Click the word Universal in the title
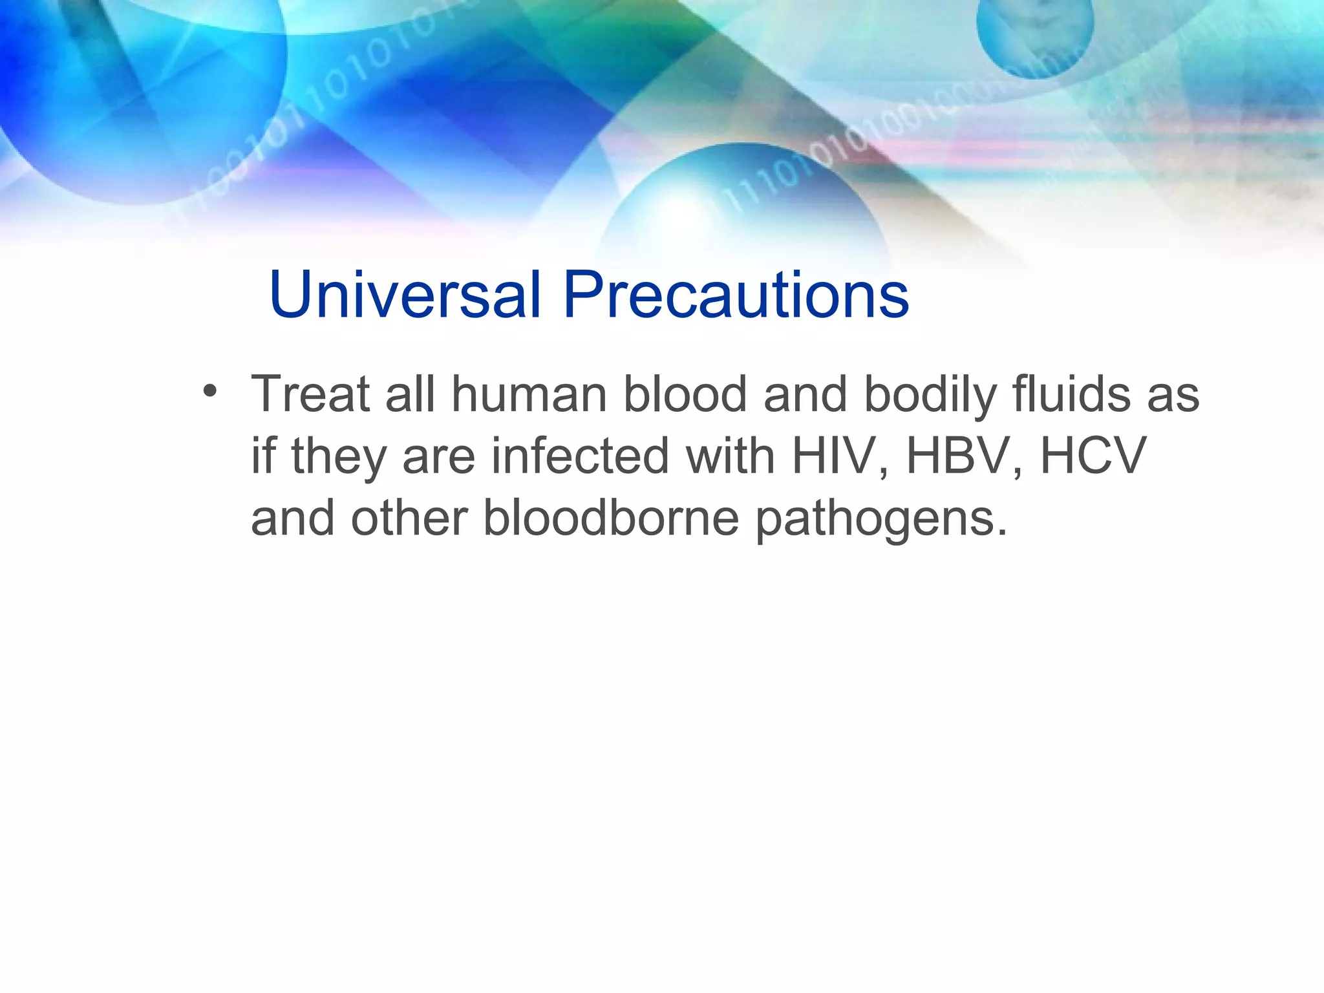click(405, 295)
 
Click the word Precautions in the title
click(736, 295)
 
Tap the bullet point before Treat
click(209, 392)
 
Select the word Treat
click(310, 394)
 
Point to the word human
click(529, 394)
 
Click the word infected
click(580, 456)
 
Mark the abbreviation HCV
click(1093, 456)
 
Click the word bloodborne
click(611, 518)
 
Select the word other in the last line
click(409, 518)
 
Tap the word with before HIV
click(730, 456)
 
